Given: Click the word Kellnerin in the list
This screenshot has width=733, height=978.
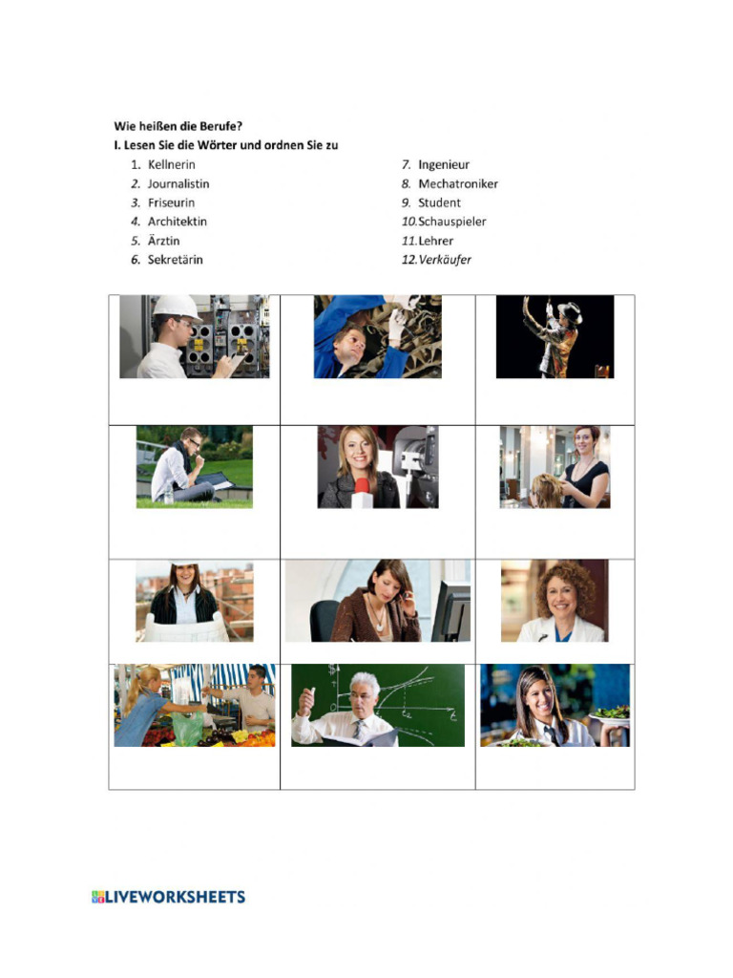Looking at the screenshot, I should (172, 164).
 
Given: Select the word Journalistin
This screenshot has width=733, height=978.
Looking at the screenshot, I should (178, 183).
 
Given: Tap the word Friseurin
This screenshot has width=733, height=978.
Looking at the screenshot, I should (171, 202).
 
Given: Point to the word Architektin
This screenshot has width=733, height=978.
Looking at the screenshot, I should (178, 222).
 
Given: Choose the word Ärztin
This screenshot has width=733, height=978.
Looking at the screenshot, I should (163, 241).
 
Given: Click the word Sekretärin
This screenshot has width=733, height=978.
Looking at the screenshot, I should (175, 260).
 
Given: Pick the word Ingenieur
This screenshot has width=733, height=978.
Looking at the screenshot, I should (444, 164).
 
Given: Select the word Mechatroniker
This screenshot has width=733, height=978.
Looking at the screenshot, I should (458, 183).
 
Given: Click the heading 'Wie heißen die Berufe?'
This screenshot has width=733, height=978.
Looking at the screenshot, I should (178, 125).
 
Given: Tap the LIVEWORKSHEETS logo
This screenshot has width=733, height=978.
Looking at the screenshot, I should (168, 897).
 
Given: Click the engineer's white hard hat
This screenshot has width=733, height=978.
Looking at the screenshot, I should (177, 306).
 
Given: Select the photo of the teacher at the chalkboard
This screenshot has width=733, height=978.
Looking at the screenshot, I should (378, 705).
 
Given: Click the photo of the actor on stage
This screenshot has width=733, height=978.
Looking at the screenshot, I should (555, 336).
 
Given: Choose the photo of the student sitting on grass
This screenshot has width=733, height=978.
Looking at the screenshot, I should (195, 466).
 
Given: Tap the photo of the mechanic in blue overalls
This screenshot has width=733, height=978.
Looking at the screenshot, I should (378, 336).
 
